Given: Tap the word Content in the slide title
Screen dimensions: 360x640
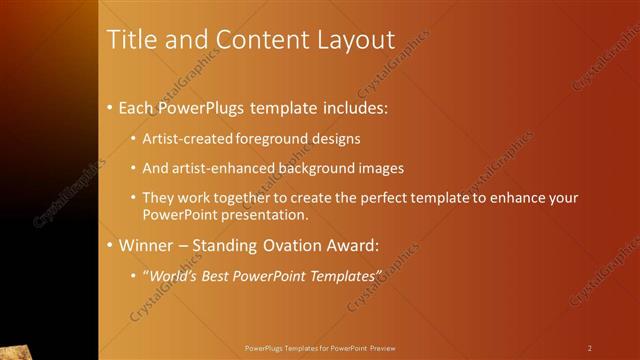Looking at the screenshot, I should point(256,41).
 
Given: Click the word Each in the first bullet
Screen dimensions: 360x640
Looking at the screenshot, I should point(137,106).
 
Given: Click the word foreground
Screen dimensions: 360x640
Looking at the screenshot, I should point(275,138).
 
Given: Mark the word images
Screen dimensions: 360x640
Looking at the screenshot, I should point(382,168).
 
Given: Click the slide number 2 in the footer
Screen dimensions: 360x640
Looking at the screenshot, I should point(589,347).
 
